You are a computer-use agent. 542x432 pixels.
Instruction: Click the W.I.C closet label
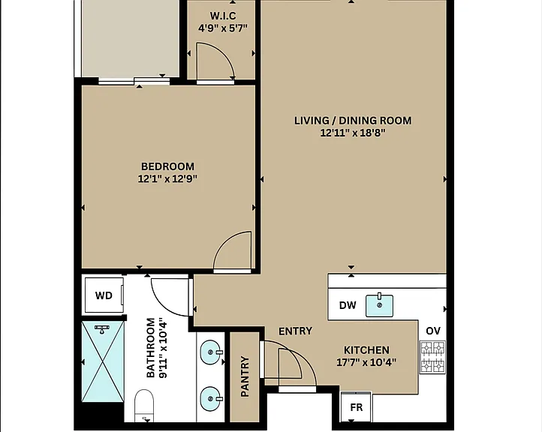[223, 16]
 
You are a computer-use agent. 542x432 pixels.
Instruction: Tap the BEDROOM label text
[167, 166]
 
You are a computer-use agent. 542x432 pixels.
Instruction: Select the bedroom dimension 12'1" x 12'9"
[167, 179]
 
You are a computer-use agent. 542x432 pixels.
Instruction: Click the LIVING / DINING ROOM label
[353, 121]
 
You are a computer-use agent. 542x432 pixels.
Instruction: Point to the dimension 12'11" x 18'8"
[353, 133]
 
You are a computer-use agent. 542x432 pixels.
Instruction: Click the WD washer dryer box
[104, 295]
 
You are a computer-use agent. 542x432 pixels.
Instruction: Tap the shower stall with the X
[103, 361]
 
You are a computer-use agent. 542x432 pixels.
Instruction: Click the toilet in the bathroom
[144, 405]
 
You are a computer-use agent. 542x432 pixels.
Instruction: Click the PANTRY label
[245, 376]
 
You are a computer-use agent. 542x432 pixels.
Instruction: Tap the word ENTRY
[296, 331]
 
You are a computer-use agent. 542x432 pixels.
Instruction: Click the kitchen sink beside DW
[380, 305]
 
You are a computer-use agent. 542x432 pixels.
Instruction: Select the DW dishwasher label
[348, 305]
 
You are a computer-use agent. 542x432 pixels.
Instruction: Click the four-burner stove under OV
[432, 357]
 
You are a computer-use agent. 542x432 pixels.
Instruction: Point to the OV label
[433, 331]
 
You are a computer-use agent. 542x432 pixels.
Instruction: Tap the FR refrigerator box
[357, 406]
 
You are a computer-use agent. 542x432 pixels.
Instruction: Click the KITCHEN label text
[367, 350]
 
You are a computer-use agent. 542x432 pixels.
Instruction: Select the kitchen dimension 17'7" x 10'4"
[367, 362]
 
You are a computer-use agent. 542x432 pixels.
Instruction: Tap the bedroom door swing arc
[224, 241]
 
